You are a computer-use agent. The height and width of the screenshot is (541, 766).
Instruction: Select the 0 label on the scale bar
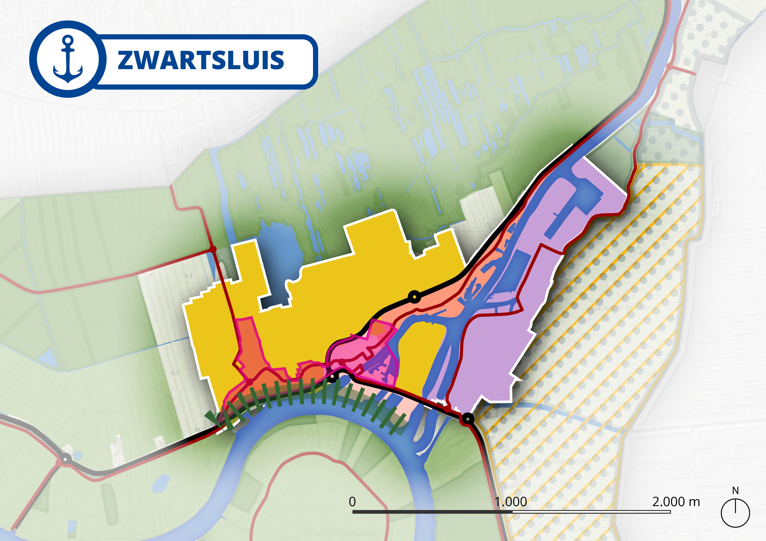coord(352,502)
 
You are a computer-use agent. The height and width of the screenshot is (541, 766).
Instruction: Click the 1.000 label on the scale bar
coord(511,502)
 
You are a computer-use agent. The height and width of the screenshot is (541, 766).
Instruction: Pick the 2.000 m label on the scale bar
coord(676,502)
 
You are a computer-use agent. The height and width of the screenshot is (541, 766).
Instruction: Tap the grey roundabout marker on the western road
coord(65,459)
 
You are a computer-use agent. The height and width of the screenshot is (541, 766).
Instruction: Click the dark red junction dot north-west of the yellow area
coord(212,249)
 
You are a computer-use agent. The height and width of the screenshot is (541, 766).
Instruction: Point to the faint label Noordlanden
coord(101,412)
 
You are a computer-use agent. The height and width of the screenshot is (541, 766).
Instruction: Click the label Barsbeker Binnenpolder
coord(172,224)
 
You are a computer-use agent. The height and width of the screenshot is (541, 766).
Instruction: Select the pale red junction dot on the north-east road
coord(669,66)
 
